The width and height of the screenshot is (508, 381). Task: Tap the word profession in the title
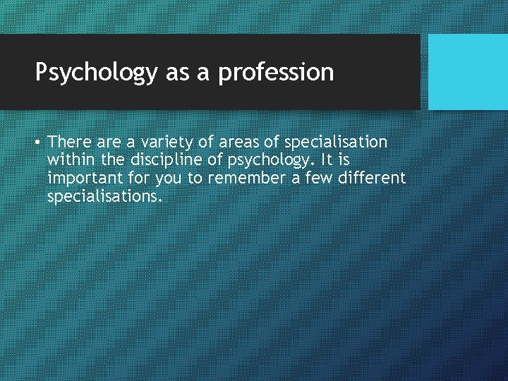(x=276, y=72)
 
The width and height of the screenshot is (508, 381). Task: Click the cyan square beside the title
(x=468, y=71)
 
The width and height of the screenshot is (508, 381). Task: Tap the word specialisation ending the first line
(x=336, y=142)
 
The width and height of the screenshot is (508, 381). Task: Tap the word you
(x=167, y=179)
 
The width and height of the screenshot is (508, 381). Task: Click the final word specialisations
(x=104, y=197)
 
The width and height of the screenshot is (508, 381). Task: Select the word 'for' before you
(x=137, y=179)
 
